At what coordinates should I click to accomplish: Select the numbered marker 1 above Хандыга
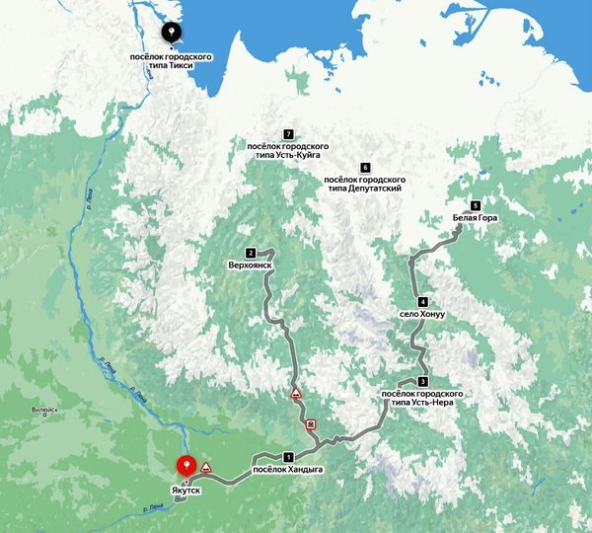pyautogui.click(x=288, y=457)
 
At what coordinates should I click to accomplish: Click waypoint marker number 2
pyautogui.click(x=252, y=253)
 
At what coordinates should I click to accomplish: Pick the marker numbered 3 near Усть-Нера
pyautogui.click(x=422, y=382)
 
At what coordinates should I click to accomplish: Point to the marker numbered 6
pyautogui.click(x=365, y=168)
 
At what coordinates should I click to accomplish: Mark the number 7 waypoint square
pyautogui.click(x=288, y=134)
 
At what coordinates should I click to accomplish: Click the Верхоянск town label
pyautogui.click(x=250, y=266)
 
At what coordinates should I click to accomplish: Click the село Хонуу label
pyautogui.click(x=422, y=314)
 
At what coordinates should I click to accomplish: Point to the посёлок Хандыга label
pyautogui.click(x=288, y=469)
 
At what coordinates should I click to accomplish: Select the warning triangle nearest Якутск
pyautogui.click(x=207, y=467)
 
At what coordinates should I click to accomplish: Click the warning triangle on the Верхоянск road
pyautogui.click(x=294, y=394)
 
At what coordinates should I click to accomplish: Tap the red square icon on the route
pyautogui.click(x=311, y=425)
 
